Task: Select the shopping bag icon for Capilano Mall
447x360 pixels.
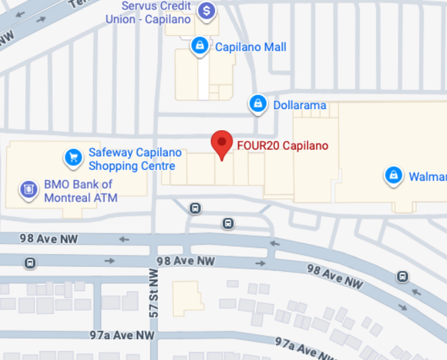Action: coord(199,46)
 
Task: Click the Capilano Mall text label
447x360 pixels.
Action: coord(250,47)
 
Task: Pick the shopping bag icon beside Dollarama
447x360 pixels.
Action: coord(257,104)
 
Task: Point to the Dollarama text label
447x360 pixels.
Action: coord(299,105)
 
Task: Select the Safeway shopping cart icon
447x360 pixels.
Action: coord(73,158)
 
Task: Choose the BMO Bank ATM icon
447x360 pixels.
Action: coord(28,189)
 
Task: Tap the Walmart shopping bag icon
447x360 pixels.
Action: coord(393,176)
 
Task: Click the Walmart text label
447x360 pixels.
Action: coord(427,177)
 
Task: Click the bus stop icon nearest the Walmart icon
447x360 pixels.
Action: coord(403,276)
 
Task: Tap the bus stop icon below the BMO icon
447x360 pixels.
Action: coord(30,263)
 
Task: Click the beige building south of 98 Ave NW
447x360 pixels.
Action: coord(187,297)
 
